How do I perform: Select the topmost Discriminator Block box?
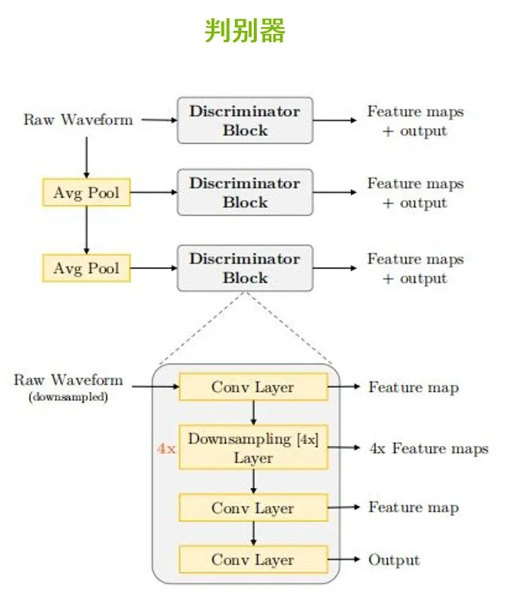245,121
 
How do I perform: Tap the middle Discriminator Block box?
245,193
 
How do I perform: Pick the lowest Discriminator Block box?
245,268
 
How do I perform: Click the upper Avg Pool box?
86,193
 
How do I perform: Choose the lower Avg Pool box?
86,268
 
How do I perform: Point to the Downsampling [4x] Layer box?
253,448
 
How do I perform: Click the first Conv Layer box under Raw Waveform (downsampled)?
253,387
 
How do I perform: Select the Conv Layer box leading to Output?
253,560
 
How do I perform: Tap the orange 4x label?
166,449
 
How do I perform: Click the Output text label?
393,560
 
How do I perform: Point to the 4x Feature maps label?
429,449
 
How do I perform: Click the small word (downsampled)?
68,397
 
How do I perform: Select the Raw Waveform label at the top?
78,120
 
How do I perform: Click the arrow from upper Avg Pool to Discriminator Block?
153,193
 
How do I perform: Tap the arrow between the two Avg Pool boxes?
86,230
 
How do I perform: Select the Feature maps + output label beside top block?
415,121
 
